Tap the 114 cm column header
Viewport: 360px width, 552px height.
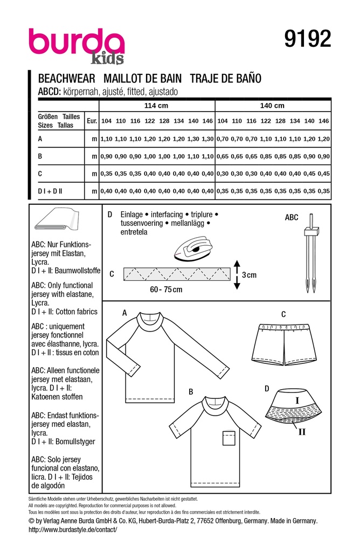(156, 106)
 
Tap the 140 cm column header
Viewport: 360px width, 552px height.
(272, 106)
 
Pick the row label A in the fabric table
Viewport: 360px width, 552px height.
(40, 139)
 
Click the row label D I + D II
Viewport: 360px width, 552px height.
(52, 191)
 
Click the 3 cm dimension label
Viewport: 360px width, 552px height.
(249, 274)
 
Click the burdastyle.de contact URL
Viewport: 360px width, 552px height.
(72, 530)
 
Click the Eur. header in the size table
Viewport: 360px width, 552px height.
(92, 122)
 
